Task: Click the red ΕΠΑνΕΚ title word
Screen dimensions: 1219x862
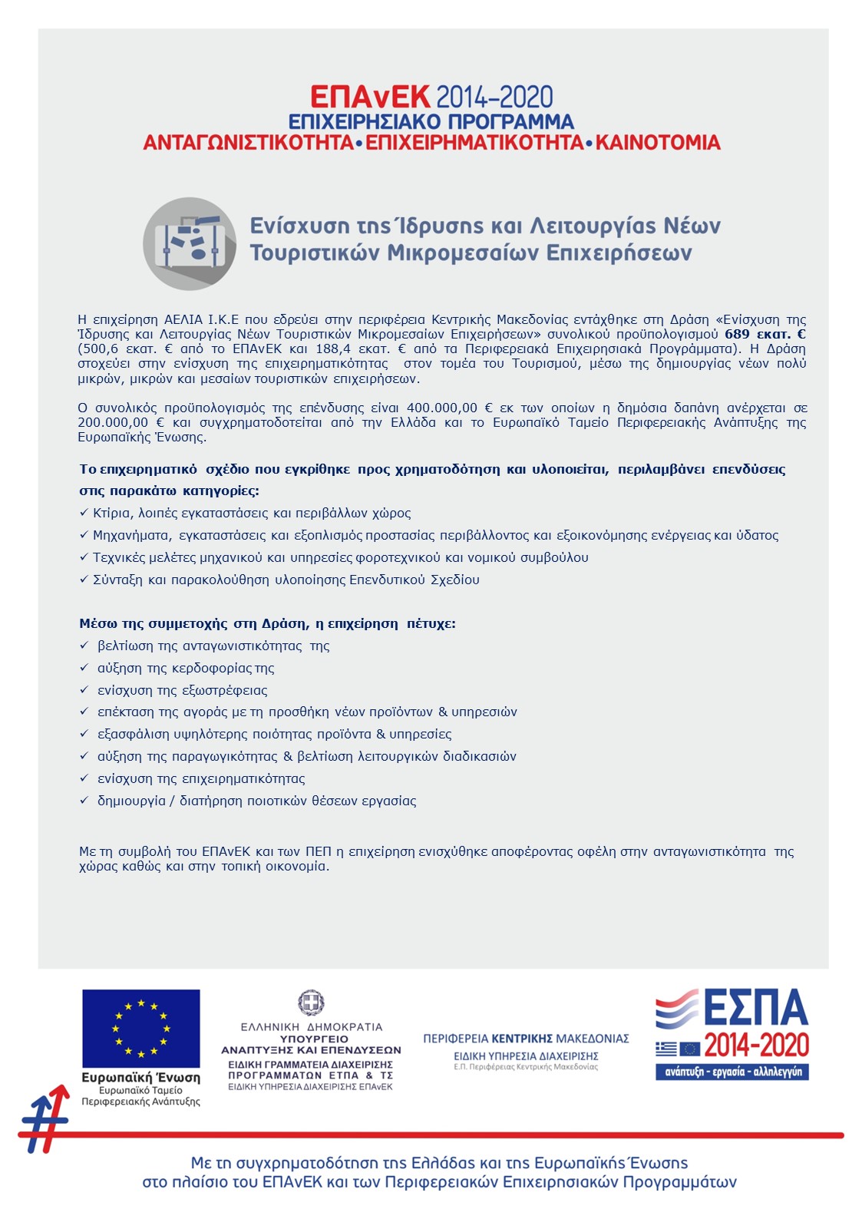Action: pyautogui.click(x=370, y=97)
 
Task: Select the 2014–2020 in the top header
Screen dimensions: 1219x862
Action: pyautogui.click(x=494, y=97)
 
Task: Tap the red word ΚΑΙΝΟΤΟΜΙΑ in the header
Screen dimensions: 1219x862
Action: pyautogui.click(x=658, y=143)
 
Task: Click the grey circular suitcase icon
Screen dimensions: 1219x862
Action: pyautogui.click(x=190, y=243)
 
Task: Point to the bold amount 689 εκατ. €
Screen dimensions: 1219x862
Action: pyautogui.click(x=765, y=334)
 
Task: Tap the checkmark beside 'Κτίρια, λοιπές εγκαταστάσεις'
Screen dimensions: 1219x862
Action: pyautogui.click(x=84, y=513)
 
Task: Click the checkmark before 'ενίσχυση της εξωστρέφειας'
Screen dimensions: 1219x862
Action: pyautogui.click(x=84, y=690)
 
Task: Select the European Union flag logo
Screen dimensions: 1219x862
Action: pyautogui.click(x=141, y=1028)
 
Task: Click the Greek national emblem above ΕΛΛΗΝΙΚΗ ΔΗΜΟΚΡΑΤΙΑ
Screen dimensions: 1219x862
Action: pyautogui.click(x=311, y=1003)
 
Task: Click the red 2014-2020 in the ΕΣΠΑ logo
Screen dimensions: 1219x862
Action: pyautogui.click(x=756, y=1045)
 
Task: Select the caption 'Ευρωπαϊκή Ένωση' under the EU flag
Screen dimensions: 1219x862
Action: pyautogui.click(x=141, y=1078)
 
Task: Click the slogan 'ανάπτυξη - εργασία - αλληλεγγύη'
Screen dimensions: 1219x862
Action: pyautogui.click(x=732, y=1072)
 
